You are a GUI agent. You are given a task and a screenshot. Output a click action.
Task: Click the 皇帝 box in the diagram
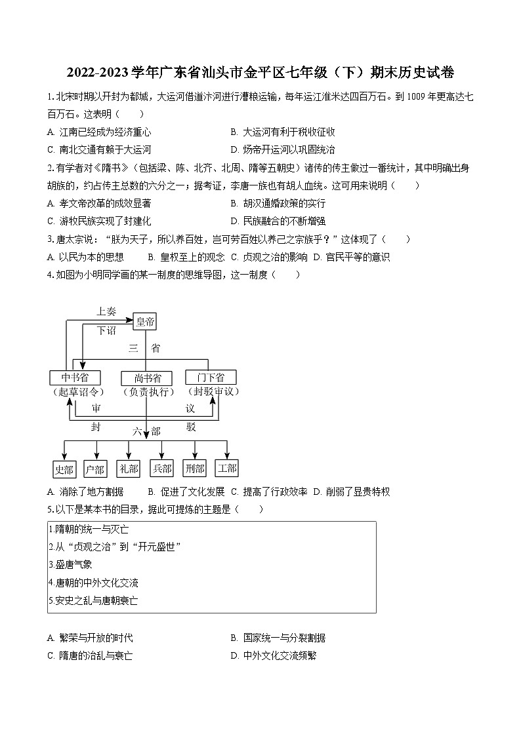[x=145, y=321]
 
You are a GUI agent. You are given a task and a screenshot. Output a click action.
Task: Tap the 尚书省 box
[x=146, y=378]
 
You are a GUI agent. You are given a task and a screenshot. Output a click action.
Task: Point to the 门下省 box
[x=210, y=377]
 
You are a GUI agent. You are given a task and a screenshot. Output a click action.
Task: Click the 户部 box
[x=95, y=469]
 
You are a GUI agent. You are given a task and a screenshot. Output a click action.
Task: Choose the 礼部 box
[x=128, y=469]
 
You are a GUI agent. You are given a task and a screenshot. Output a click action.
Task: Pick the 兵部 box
[x=161, y=469]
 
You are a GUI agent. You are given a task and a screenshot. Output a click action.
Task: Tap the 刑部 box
[x=195, y=469]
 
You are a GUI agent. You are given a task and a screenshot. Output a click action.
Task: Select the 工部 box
[x=227, y=469]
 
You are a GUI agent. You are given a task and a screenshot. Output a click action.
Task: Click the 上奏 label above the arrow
[x=106, y=311]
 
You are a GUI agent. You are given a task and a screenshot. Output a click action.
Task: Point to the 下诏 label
[x=106, y=330]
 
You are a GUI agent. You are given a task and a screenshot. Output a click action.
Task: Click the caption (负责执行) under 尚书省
[x=148, y=392]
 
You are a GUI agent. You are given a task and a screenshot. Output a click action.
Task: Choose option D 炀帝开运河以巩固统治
[x=283, y=149]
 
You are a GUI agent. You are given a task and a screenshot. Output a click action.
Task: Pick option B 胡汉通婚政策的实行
[x=278, y=203]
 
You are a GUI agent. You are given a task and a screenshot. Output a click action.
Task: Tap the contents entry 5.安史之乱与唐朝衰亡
[x=93, y=600]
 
